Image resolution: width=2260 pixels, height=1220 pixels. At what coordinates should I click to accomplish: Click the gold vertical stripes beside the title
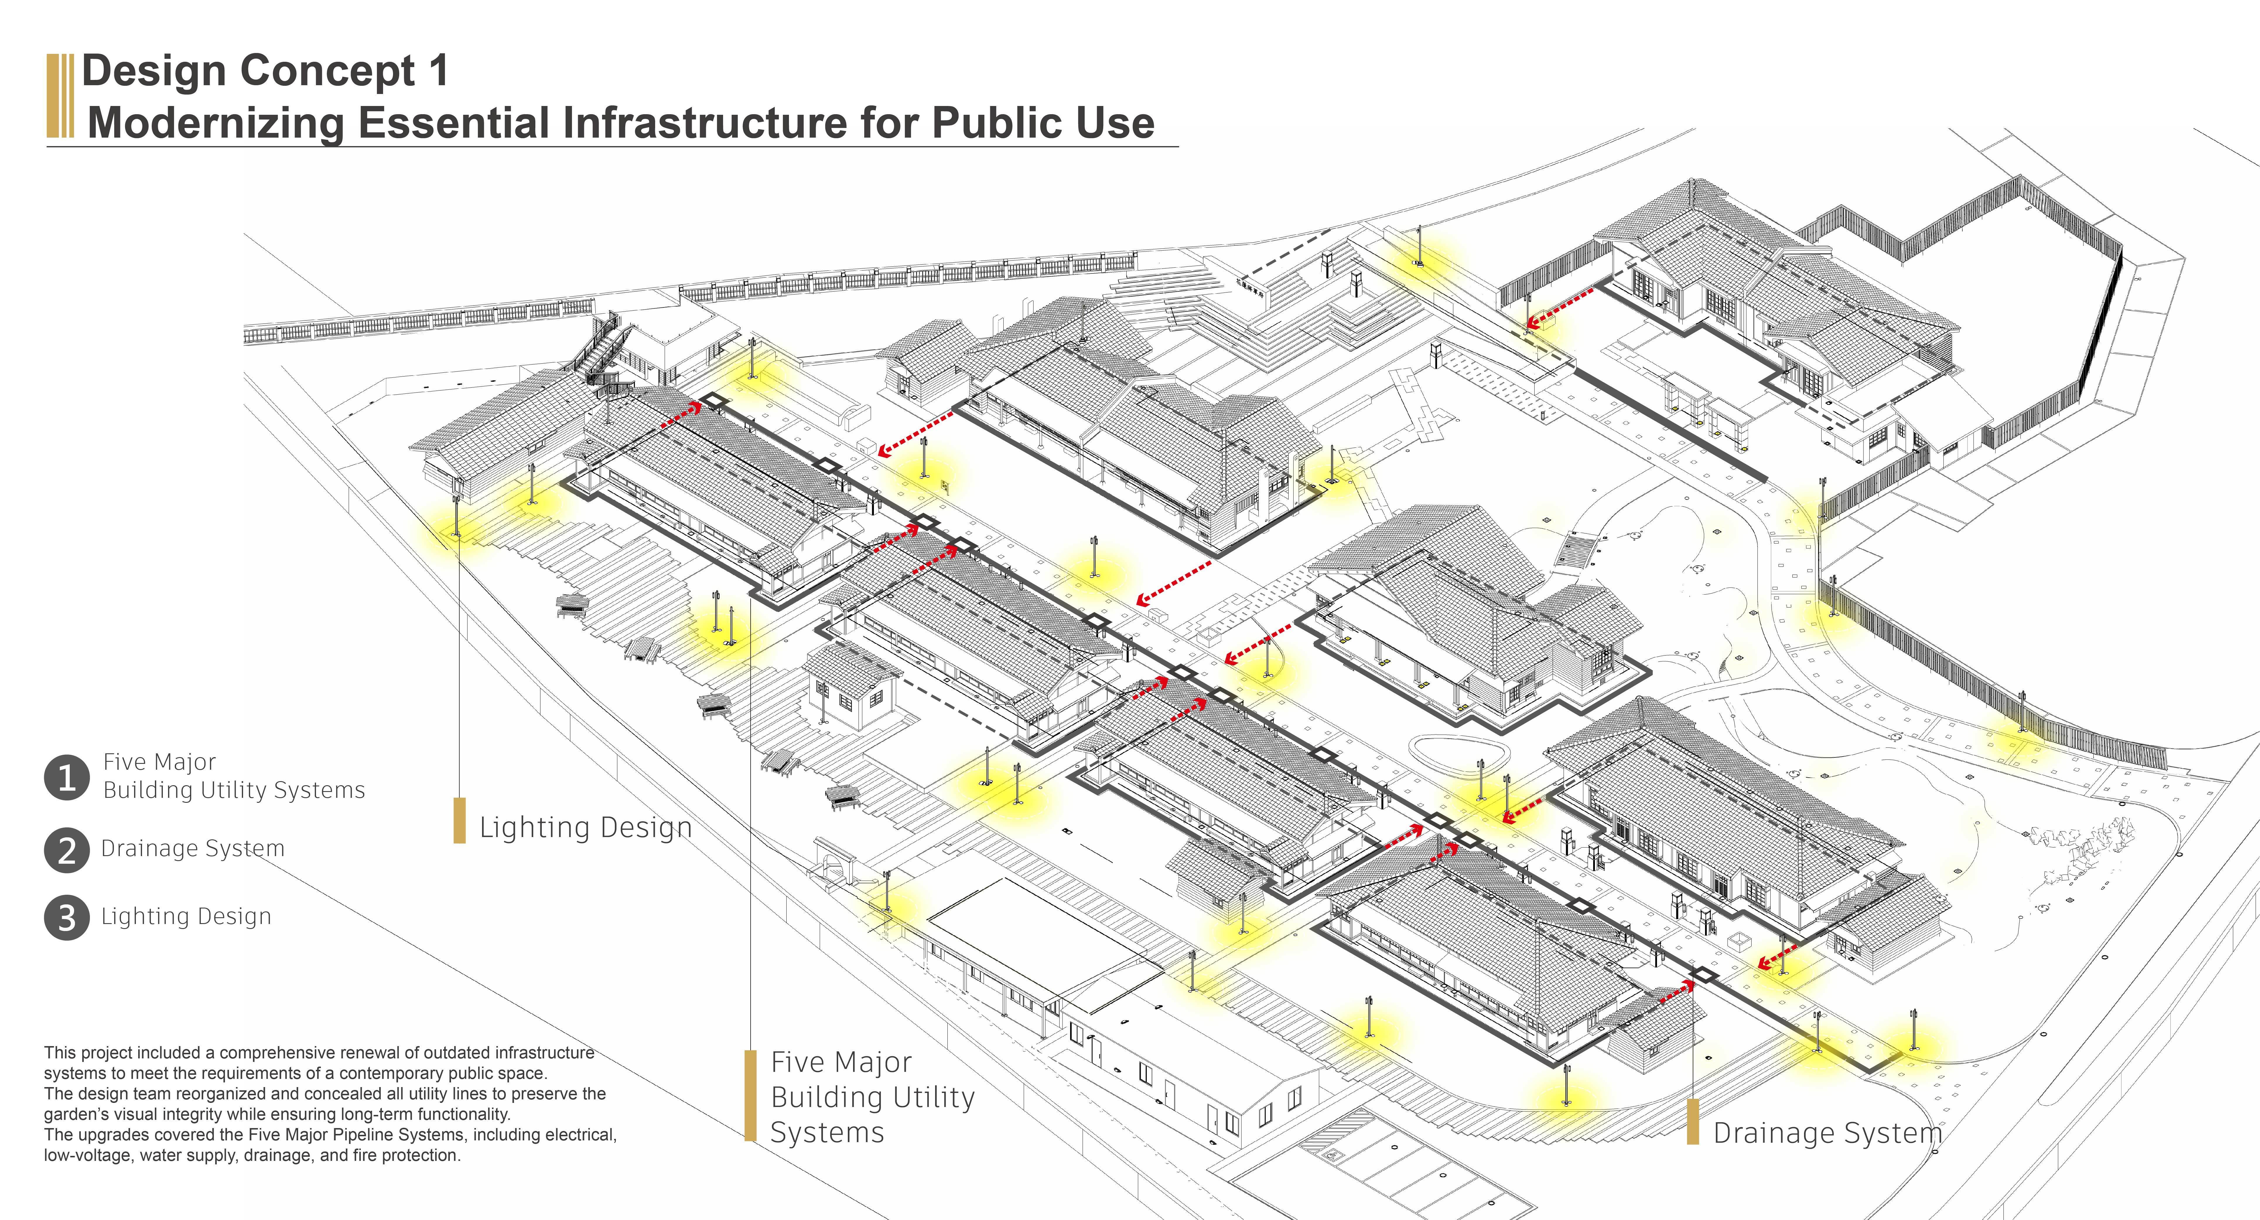(x=60, y=96)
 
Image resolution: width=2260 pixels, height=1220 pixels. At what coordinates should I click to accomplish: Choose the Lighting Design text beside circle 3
(x=186, y=916)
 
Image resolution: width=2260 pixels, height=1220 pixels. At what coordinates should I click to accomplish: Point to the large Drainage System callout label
(x=1827, y=1133)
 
